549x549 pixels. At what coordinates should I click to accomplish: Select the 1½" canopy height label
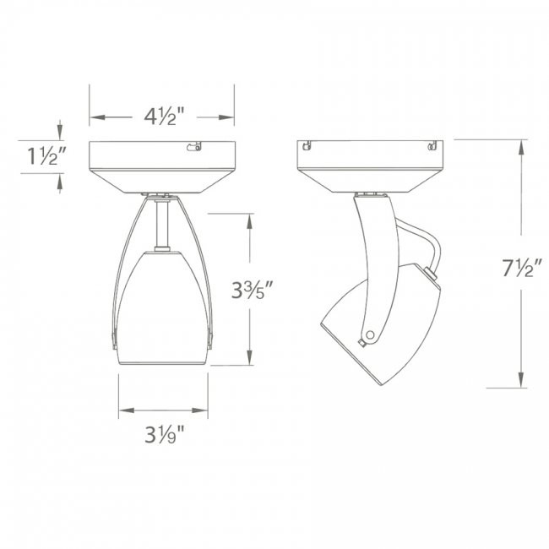coord(36,155)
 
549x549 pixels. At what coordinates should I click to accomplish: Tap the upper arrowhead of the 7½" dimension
coord(521,146)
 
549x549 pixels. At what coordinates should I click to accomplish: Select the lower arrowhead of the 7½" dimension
coord(521,384)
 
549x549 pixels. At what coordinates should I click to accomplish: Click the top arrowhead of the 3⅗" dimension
coord(249,220)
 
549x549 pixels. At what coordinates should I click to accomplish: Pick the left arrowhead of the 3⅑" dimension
coord(124,411)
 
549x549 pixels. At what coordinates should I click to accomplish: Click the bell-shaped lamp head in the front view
coord(162,308)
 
